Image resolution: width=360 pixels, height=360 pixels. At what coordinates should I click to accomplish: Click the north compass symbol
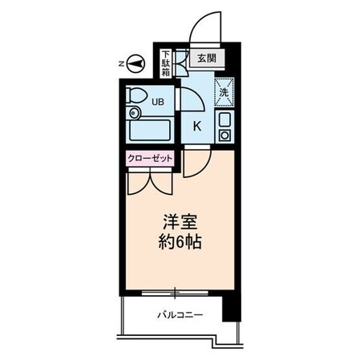click(x=135, y=63)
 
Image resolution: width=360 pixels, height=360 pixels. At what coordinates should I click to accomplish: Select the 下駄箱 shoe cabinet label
click(x=164, y=62)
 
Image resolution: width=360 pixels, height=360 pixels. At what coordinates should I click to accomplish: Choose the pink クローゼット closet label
click(x=150, y=158)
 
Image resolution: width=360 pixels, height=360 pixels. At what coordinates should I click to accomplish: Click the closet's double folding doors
click(x=149, y=178)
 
